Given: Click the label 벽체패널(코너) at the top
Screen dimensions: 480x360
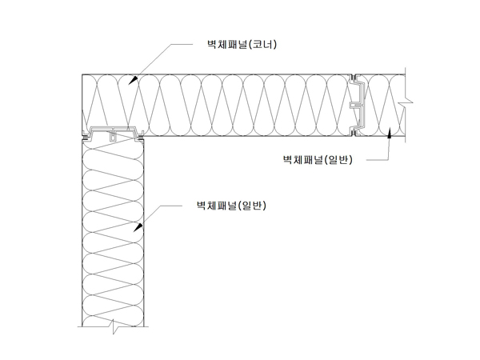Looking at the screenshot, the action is click(242, 44).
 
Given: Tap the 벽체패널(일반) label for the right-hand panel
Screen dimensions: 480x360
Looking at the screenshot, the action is click(318, 159).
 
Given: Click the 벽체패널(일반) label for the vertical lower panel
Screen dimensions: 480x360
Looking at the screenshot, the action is click(231, 206).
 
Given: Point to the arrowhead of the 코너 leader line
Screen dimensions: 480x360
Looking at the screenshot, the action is click(133, 80).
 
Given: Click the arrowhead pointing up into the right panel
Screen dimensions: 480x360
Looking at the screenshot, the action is click(390, 133).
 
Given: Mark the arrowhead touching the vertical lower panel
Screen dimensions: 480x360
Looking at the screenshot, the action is click(138, 227).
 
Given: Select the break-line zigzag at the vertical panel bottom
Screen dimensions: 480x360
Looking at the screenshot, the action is click(114, 326).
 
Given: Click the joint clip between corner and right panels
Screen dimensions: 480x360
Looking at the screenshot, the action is click(357, 105).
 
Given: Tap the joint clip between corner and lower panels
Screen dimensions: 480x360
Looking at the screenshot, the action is click(114, 134).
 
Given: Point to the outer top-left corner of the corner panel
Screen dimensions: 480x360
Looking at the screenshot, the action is click(82, 74).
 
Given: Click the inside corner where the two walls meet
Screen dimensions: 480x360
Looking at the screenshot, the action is click(144, 136).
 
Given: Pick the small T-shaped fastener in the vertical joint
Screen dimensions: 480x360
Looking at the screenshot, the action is click(356, 106).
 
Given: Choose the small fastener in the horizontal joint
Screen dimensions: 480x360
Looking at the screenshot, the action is click(113, 136).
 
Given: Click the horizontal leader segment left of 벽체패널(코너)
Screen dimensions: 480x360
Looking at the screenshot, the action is click(182, 44).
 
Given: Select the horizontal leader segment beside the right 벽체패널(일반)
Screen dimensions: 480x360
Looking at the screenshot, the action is click(378, 160).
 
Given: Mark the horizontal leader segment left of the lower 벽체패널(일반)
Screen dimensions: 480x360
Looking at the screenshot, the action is click(172, 206).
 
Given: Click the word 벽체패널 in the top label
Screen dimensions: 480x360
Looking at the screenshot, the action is click(227, 44).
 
